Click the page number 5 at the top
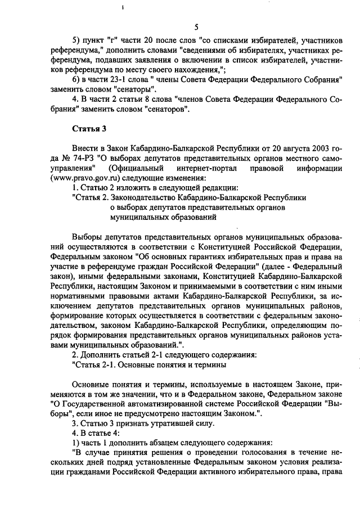[196, 26]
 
